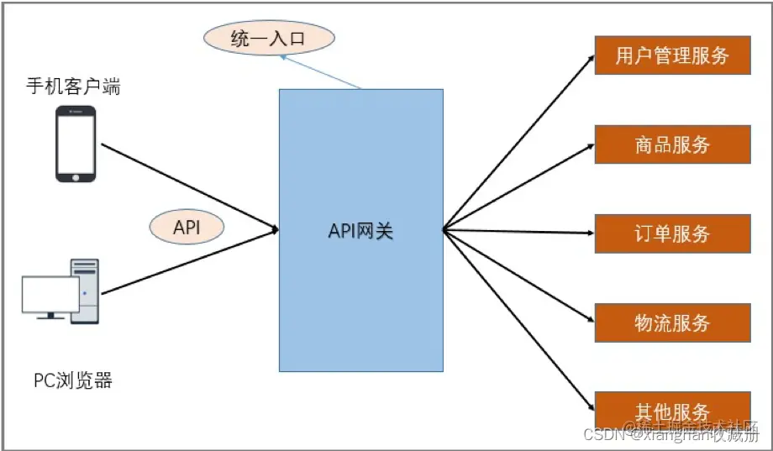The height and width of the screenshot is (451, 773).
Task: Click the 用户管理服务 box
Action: click(x=672, y=55)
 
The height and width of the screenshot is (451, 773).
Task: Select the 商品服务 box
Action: click(x=672, y=144)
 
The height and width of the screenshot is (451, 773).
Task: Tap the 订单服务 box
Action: click(x=672, y=233)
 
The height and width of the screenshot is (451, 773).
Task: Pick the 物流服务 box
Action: click(x=672, y=323)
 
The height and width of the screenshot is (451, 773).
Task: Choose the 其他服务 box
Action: click(x=672, y=410)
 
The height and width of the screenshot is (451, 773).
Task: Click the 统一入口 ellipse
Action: click(x=269, y=38)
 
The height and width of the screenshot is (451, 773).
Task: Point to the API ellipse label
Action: click(x=187, y=227)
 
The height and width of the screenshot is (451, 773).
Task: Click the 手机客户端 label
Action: click(x=73, y=87)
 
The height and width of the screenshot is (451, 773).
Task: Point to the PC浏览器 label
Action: click(x=73, y=380)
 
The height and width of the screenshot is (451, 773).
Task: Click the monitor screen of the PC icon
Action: click(x=50, y=294)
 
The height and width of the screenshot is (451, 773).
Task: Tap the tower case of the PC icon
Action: click(x=85, y=291)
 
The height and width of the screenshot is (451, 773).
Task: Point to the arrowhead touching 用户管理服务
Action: click(x=590, y=57)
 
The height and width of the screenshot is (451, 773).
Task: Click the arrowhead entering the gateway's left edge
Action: click(x=275, y=229)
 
